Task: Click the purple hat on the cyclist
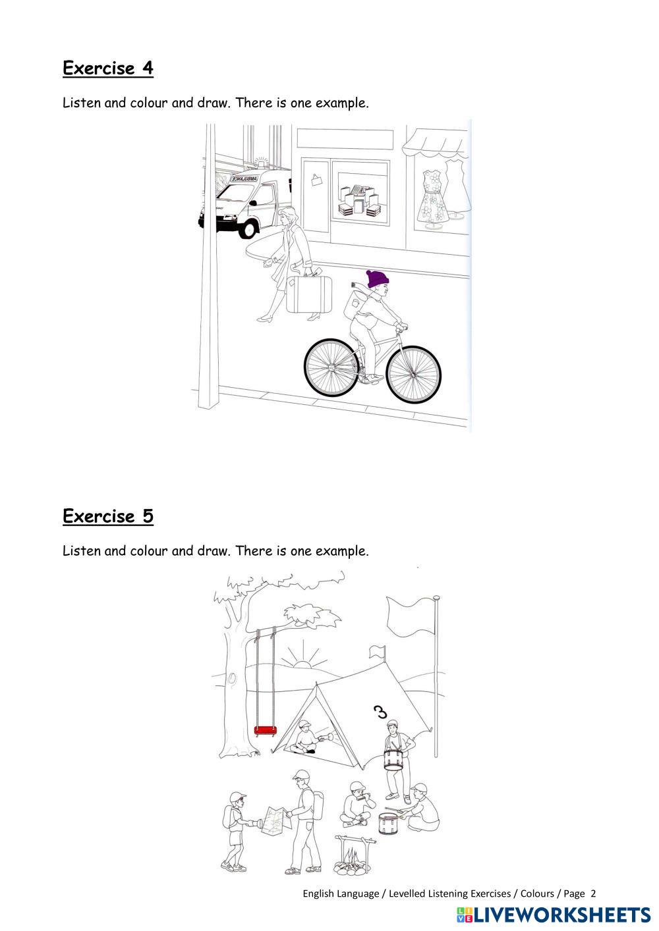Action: [378, 279]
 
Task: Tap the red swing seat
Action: [265, 730]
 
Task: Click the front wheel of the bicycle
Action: [413, 374]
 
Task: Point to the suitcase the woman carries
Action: [308, 294]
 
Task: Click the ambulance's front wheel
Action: [248, 228]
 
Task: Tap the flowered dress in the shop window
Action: [433, 196]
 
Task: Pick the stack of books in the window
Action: [360, 201]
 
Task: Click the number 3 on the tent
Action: [380, 712]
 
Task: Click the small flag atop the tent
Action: [377, 651]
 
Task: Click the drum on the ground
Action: [388, 822]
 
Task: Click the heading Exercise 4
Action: [108, 68]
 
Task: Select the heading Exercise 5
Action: [108, 516]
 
